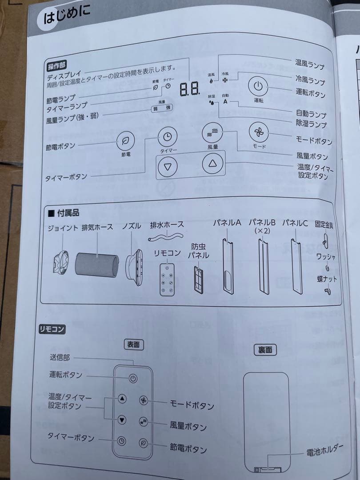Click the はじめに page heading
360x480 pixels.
pos(67,16)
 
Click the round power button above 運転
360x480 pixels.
pos(259,86)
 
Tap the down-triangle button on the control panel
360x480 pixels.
pos(168,168)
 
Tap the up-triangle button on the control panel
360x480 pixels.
pos(212,164)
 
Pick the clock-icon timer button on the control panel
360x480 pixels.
pos(167,137)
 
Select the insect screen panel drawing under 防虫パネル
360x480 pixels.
pos(198,278)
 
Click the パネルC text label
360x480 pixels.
pos(295,223)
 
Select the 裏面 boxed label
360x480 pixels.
pos(265,350)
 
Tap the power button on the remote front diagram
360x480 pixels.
pos(133,379)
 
